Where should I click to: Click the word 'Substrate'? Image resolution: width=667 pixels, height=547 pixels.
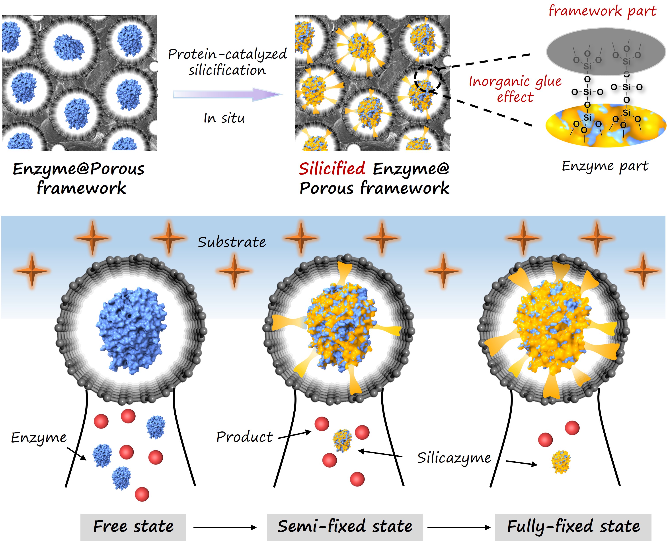(232, 242)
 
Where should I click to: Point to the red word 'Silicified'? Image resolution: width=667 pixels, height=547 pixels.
(332, 169)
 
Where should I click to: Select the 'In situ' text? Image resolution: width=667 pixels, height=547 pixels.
(224, 118)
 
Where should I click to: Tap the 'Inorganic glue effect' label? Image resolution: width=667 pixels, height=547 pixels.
(515, 89)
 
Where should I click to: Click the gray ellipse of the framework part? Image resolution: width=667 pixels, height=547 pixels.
(606, 52)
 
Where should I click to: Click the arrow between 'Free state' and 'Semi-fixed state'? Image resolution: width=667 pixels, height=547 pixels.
(225, 527)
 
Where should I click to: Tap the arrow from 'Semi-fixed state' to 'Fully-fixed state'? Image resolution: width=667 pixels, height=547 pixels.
(459, 527)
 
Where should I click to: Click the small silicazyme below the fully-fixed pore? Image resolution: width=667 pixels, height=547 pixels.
(561, 462)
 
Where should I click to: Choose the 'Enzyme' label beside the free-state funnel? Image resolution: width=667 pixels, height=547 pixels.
(39, 438)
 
